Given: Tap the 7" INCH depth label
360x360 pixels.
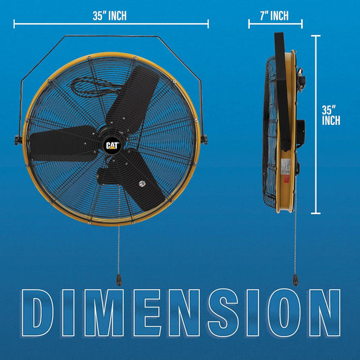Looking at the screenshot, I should (268, 16).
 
